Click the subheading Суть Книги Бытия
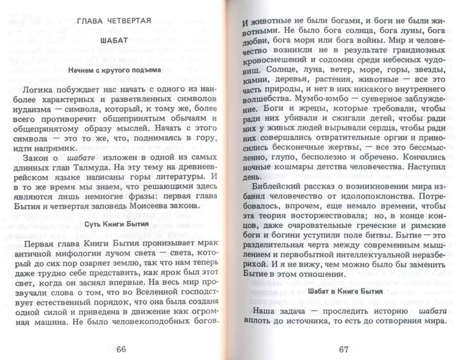(114, 224)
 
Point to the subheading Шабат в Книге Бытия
(346, 291)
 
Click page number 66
(120, 349)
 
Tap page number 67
(343, 349)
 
